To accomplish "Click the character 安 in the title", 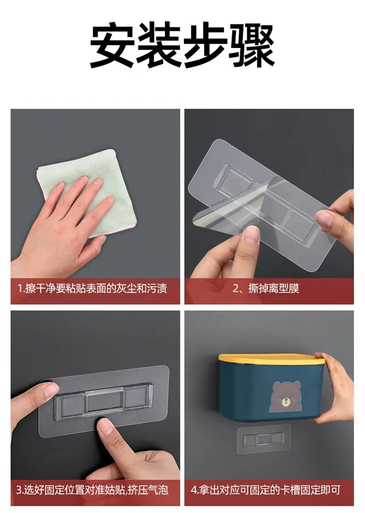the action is click(112, 45).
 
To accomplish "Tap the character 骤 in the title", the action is click(251, 45).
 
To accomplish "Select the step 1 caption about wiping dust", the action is click(93, 289).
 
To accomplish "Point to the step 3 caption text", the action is click(92, 490).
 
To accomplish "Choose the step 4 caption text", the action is click(266, 490).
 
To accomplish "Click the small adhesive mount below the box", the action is click(264, 439).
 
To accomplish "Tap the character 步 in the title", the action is click(205, 45).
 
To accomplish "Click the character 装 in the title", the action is click(159, 45).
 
